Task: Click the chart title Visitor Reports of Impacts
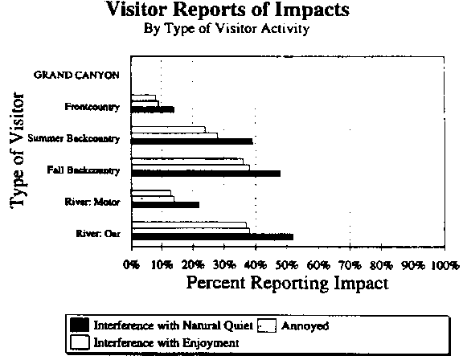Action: point(227,10)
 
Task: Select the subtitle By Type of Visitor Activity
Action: point(227,29)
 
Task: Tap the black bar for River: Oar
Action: point(212,237)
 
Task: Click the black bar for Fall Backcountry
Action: point(206,174)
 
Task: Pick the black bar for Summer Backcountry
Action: point(192,141)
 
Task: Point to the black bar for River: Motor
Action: point(166,205)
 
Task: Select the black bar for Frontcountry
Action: point(153,110)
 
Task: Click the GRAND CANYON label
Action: point(76,75)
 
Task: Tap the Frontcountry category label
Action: point(92,107)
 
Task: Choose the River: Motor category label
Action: point(92,202)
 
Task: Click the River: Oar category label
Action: point(98,234)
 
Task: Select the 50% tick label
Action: point(287,265)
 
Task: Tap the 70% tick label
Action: point(350,265)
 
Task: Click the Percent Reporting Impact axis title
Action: point(287,284)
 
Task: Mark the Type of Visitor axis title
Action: point(17,151)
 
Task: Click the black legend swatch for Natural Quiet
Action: point(80,325)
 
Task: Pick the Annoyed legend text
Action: point(305,325)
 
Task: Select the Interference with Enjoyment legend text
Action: point(166,343)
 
